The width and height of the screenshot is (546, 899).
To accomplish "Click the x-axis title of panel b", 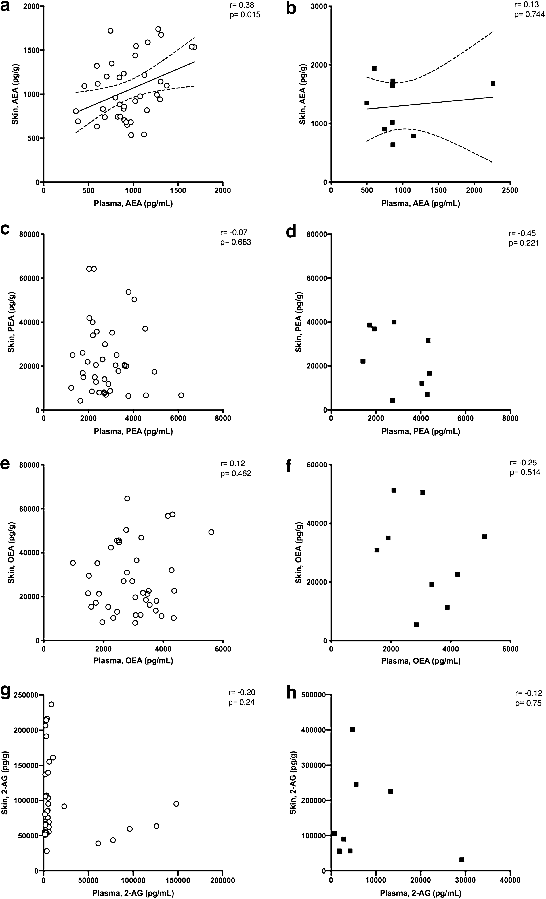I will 420,204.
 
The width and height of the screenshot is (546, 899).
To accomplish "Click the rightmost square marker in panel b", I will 493,84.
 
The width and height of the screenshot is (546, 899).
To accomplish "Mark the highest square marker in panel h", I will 352,729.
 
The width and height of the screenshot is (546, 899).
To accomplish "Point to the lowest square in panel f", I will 416,625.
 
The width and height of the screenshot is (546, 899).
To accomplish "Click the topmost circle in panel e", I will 127,498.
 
